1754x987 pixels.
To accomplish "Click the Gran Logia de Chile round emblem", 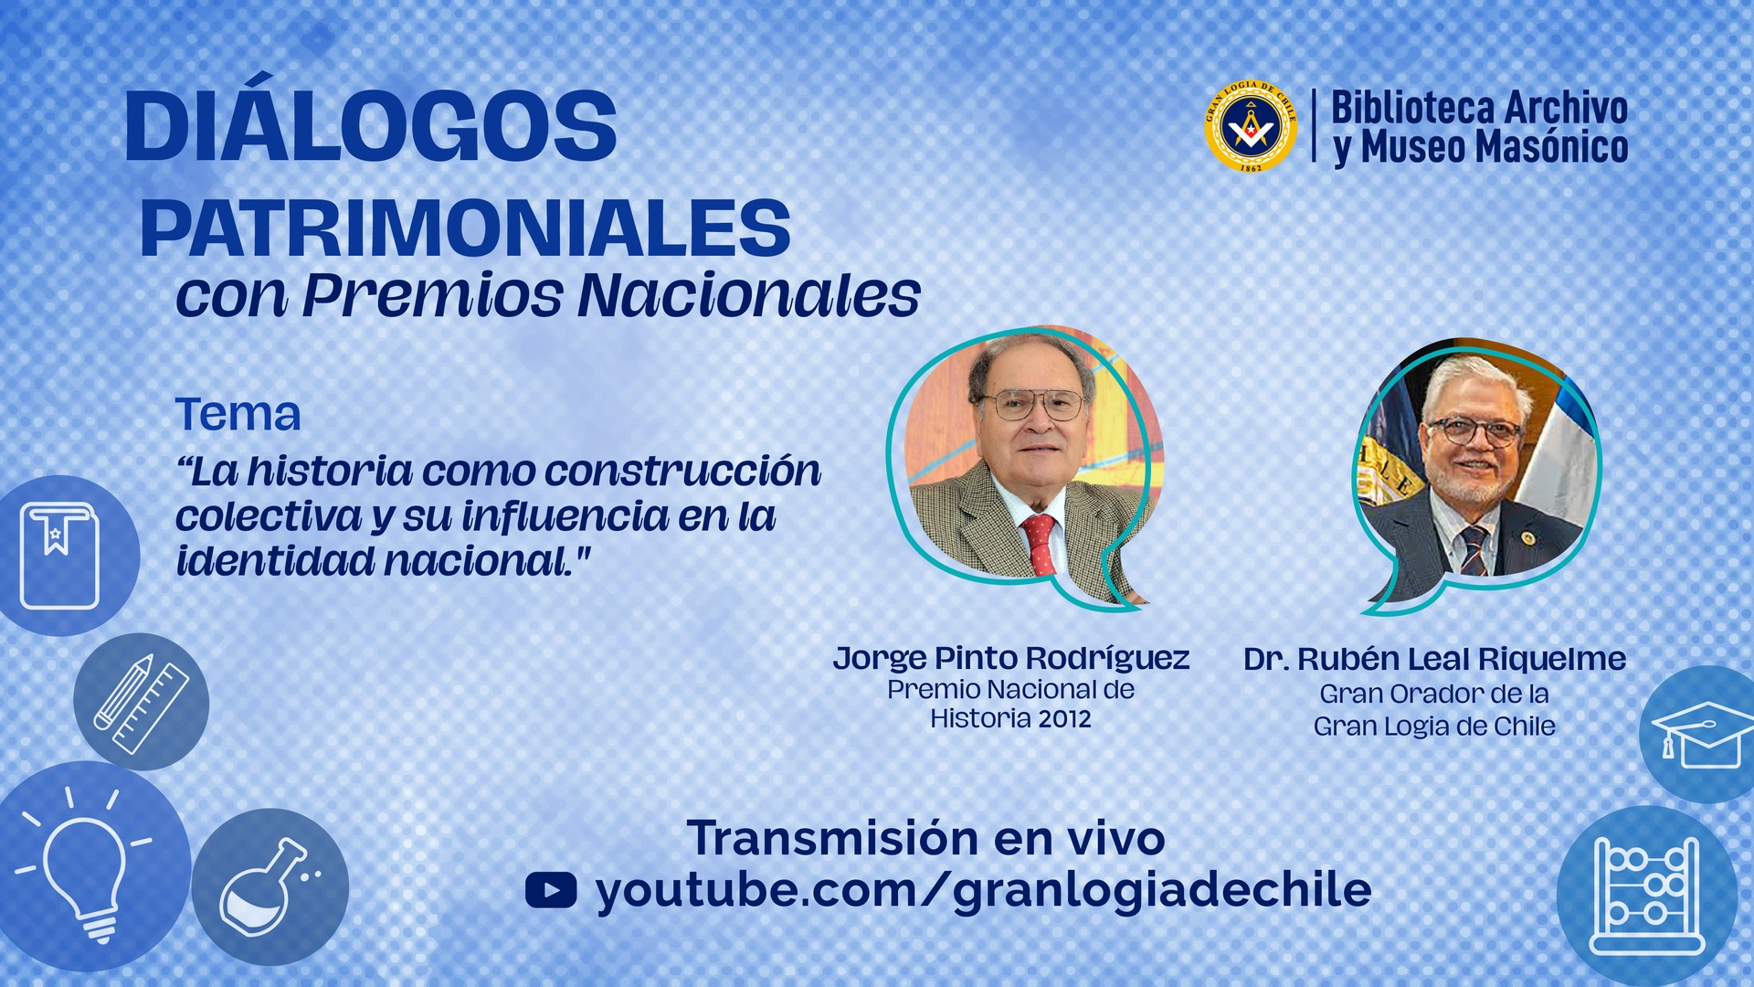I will (x=1251, y=126).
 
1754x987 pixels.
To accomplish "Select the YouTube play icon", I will (x=551, y=890).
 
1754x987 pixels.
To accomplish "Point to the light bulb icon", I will (x=84, y=868).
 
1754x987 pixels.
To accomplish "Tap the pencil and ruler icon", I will (x=141, y=703).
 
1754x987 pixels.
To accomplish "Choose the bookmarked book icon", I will (x=59, y=556).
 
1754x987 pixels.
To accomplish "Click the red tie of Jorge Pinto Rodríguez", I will (x=1040, y=543).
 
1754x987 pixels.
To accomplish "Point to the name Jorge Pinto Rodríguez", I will (x=1010, y=658).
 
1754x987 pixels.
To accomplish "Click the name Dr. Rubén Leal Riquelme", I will (x=1434, y=659).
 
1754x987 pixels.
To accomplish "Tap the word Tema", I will (x=238, y=414).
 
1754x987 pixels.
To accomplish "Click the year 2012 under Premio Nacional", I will (x=1064, y=719).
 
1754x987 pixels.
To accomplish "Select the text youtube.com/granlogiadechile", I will (x=983, y=890).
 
